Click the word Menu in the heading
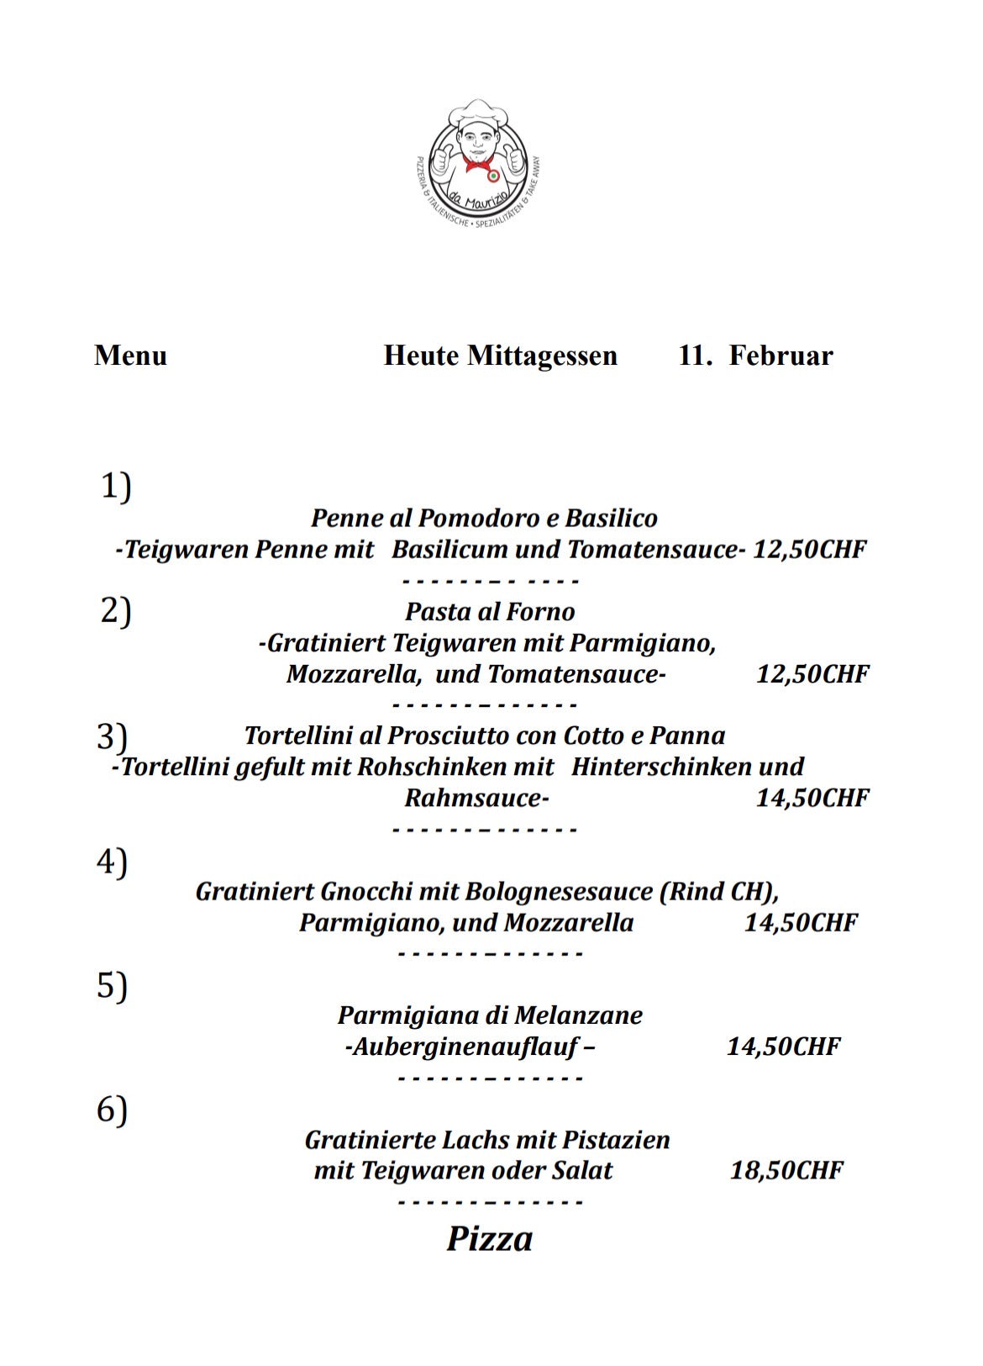coord(130,356)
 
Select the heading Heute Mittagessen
coord(500,356)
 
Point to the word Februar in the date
coord(781,356)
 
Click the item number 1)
coord(116,486)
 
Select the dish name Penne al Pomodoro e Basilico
coord(484,518)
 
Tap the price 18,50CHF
coord(786,1170)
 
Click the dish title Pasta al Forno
coord(490,611)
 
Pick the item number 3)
coord(112,736)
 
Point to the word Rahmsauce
coord(476,798)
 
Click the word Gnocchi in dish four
coord(366,891)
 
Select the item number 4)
coord(112,862)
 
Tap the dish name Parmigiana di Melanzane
coord(490,1015)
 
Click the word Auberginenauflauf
coord(465,1047)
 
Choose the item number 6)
coord(112,1110)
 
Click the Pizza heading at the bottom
coord(489,1238)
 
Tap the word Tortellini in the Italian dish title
coord(298,736)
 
